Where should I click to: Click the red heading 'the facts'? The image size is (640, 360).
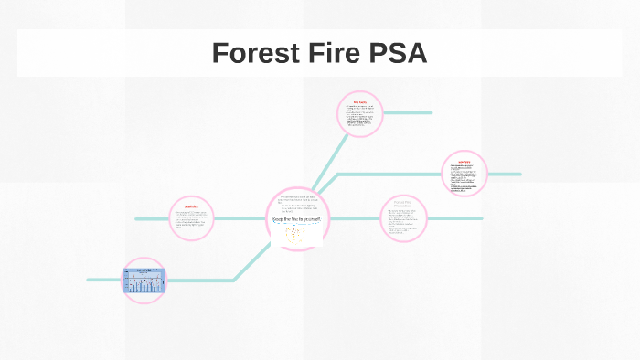(x=358, y=101)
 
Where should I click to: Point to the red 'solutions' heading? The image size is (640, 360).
(x=464, y=162)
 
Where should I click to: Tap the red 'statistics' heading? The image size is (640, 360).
(x=191, y=206)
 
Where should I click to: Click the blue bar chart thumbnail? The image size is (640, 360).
(x=144, y=281)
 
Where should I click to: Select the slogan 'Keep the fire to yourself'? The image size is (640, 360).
(x=297, y=219)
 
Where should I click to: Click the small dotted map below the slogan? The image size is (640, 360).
(x=298, y=235)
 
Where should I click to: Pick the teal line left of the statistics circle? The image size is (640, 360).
(x=152, y=219)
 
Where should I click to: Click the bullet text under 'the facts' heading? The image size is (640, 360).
(x=358, y=119)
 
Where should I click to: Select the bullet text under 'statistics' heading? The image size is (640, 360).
(x=191, y=220)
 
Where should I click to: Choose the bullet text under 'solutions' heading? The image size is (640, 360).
(x=464, y=177)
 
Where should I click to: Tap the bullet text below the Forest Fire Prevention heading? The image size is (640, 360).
(x=403, y=224)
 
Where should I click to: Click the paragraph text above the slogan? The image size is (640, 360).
(x=297, y=203)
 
